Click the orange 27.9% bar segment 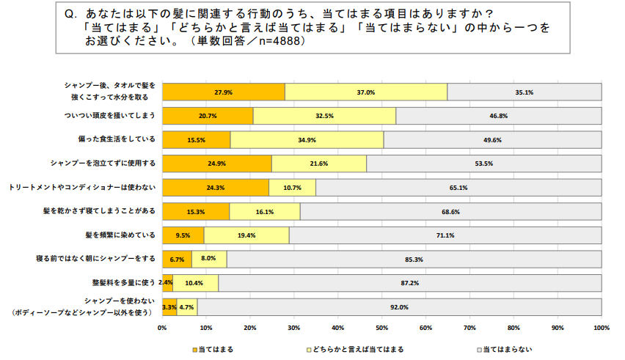[223, 92]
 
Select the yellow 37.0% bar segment [365, 92]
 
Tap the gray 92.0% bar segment [400, 307]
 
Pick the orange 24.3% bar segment [215, 188]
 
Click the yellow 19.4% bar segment [246, 235]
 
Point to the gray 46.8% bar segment [499, 116]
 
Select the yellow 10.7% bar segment [292, 188]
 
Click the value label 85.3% [414, 260]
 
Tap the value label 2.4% [166, 283]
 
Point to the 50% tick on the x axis [382, 328]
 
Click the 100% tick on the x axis [601, 328]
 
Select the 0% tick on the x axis [162, 328]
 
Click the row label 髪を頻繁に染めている [121, 235]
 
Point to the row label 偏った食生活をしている [118, 140]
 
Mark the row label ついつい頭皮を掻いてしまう [110, 116]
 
